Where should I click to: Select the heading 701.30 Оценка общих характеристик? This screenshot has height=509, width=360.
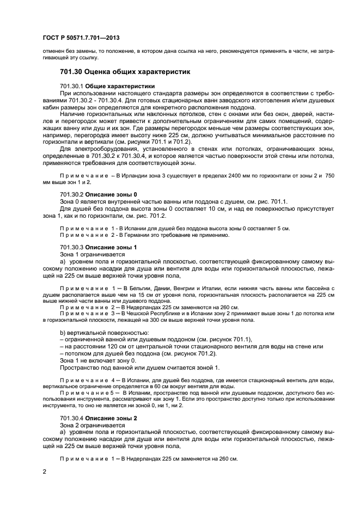point(122,72)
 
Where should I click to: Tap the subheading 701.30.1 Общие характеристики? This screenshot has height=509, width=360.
point(107,86)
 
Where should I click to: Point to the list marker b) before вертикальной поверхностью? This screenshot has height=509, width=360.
point(63,332)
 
